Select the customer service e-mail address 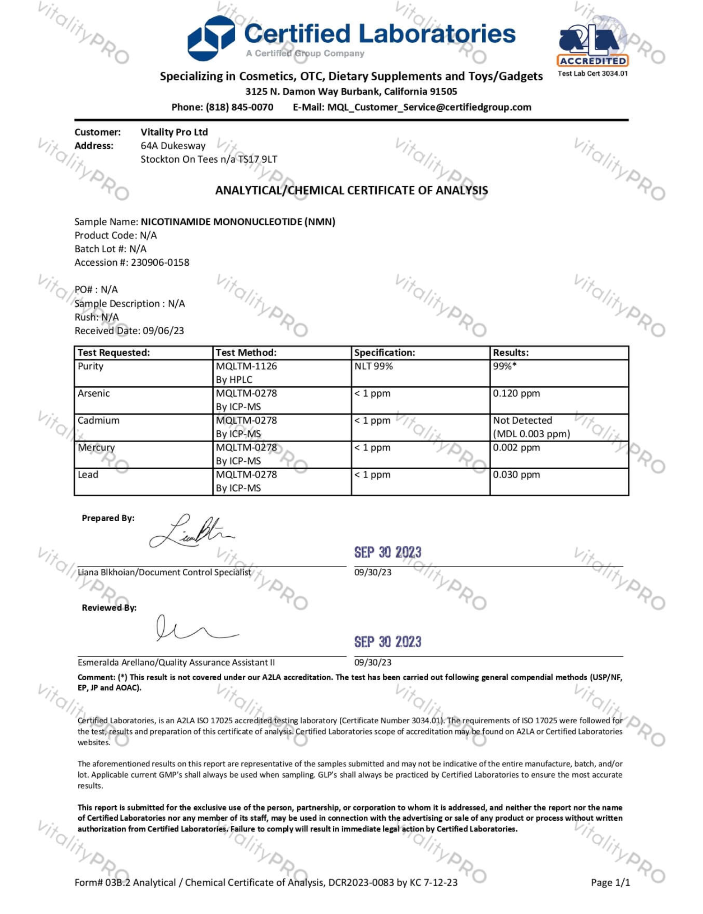pyautogui.click(x=429, y=107)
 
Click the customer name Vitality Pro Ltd pyautogui.click(x=174, y=132)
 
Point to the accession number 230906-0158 pyautogui.click(x=160, y=262)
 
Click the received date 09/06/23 pyautogui.click(x=163, y=331)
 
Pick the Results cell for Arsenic pyautogui.click(x=516, y=394)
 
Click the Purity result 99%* pyautogui.click(x=504, y=367)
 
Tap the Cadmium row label pyautogui.click(x=98, y=420)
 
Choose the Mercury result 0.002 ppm pyautogui.click(x=516, y=448)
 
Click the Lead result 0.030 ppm pyautogui.click(x=516, y=475)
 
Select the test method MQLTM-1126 pyautogui.click(x=246, y=367)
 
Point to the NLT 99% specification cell pyautogui.click(x=374, y=367)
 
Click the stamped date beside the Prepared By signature pyautogui.click(x=388, y=553)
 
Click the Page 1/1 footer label pyautogui.click(x=610, y=883)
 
